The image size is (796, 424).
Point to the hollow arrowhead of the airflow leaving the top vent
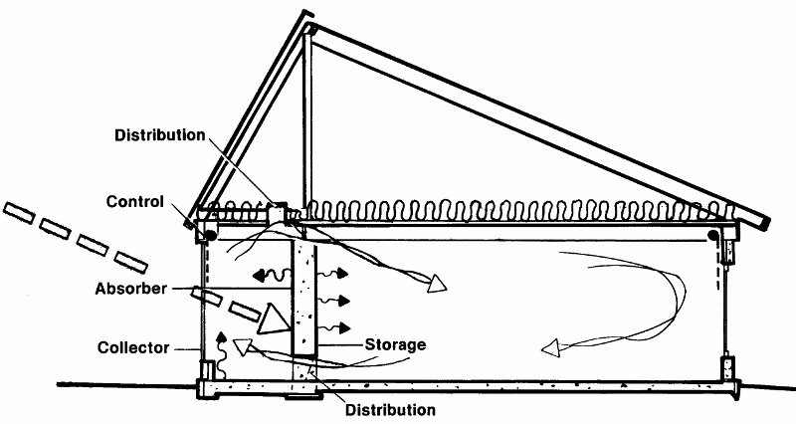pyautogui.click(x=435, y=287)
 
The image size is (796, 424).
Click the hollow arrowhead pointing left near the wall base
pyautogui.click(x=241, y=347)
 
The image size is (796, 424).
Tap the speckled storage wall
pyautogui.click(x=303, y=299)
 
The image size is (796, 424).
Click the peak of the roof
pyautogui.click(x=308, y=23)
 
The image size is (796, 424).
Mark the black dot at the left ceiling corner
pyautogui.click(x=211, y=235)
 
